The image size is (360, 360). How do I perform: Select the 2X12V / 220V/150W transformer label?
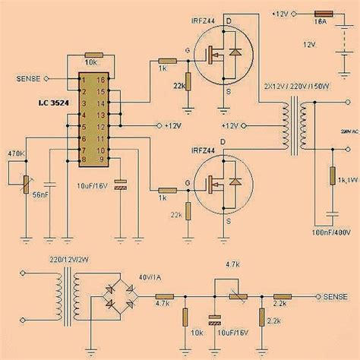click(297, 87)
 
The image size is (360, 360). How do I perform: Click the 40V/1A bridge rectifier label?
click(149, 276)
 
